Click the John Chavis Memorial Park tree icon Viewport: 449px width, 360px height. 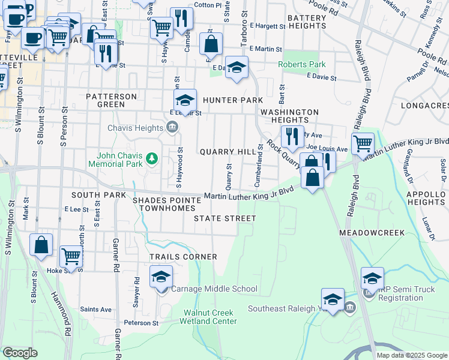[x=152, y=158]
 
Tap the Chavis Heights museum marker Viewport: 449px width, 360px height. [x=172, y=127]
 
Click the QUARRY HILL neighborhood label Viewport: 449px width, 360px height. [x=228, y=152]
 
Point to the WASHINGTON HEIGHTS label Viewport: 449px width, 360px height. [x=289, y=116]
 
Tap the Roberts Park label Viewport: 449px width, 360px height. [x=301, y=65]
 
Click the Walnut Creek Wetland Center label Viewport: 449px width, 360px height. [x=210, y=317]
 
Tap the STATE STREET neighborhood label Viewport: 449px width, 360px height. [x=225, y=218]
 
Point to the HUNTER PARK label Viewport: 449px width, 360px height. [x=232, y=100]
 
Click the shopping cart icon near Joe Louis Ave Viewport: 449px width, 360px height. [x=363, y=144]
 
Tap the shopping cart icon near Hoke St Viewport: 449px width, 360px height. [x=71, y=256]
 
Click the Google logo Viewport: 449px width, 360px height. [x=20, y=353]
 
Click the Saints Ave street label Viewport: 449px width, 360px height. [x=96, y=310]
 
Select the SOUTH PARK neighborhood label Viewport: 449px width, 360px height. [x=96, y=195]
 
